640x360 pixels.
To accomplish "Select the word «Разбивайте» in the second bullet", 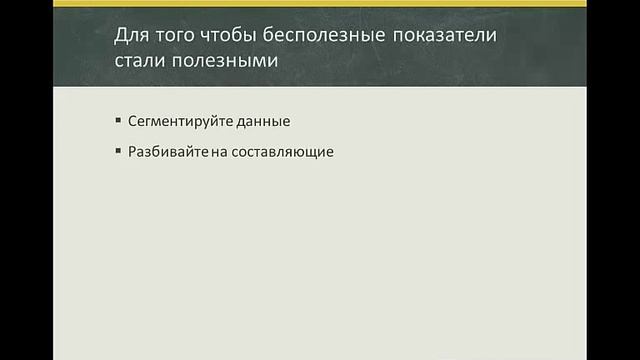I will coord(160,153).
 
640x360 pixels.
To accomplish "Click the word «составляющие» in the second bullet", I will coord(273,153).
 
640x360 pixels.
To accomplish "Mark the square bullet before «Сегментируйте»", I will coord(118,121).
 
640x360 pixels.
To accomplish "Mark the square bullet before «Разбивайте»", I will coord(118,152).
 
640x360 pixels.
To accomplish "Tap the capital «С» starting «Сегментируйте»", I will coord(132,122).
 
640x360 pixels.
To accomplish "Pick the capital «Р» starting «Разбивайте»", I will coord(132,153).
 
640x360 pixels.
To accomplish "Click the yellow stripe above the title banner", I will coord(320,4).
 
